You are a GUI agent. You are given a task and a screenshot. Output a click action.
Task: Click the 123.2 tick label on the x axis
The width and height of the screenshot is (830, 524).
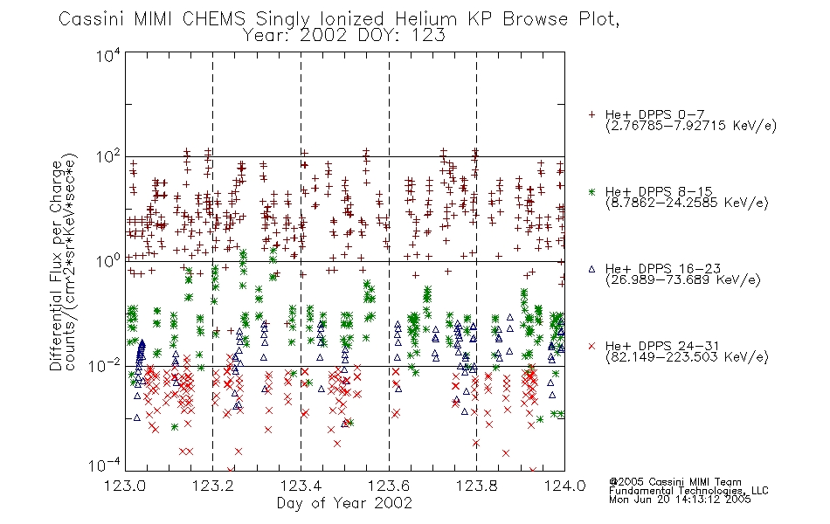(213, 486)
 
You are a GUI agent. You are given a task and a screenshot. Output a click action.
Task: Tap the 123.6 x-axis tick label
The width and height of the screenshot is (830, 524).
(389, 486)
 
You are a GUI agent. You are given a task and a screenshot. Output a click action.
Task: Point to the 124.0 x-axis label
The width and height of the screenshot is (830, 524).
(564, 486)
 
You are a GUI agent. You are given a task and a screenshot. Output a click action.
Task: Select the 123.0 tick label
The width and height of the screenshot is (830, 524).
(125, 486)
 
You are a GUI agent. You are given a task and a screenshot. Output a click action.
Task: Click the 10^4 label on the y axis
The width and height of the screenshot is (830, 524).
(108, 55)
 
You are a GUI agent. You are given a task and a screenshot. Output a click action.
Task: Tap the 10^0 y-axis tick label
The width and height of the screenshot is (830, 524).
(108, 260)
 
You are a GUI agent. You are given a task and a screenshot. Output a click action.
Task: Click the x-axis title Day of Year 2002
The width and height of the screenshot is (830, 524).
(344, 503)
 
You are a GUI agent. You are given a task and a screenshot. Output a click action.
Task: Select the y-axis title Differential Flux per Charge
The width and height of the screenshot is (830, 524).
(56, 265)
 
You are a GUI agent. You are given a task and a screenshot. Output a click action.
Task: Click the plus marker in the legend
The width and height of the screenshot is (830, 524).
(592, 114)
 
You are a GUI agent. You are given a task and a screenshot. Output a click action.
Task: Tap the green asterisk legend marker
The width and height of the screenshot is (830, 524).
(592, 191)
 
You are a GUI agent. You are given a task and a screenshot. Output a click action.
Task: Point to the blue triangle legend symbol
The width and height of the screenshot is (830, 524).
(592, 269)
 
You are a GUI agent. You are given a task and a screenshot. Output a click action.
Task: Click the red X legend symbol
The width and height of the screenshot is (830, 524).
(592, 346)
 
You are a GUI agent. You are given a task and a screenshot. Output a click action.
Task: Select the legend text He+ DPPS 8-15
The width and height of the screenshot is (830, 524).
(659, 191)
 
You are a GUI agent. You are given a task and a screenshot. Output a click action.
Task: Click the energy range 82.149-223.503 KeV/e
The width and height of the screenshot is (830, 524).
(687, 357)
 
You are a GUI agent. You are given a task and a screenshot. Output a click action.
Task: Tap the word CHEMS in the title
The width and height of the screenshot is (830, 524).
(214, 19)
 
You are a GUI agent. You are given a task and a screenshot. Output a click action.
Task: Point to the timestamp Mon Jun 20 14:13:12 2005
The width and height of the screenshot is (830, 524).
(680, 500)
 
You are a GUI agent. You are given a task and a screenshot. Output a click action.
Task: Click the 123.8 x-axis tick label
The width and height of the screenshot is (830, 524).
(476, 486)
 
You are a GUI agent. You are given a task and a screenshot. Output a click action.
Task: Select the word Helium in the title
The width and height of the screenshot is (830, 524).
(426, 19)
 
